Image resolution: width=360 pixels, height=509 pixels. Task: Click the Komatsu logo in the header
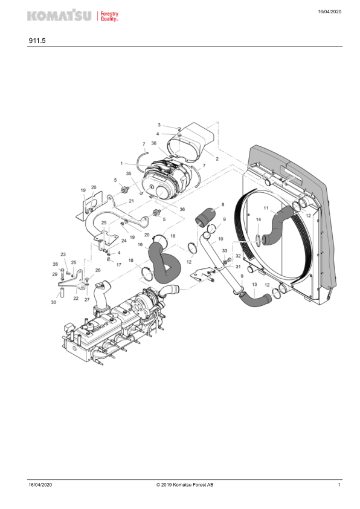(59, 15)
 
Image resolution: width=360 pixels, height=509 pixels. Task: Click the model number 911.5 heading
(37, 41)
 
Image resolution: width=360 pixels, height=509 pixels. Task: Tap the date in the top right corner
(330, 11)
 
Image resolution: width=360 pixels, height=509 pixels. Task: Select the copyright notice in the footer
(185, 485)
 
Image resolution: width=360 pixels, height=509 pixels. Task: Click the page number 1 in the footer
(339, 485)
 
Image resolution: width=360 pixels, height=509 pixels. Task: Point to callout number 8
(223, 204)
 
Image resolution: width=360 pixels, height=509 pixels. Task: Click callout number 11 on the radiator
(266, 208)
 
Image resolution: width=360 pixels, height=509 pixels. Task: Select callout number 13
(254, 284)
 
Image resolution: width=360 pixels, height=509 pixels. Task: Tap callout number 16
(140, 244)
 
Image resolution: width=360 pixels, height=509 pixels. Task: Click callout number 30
(54, 302)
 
